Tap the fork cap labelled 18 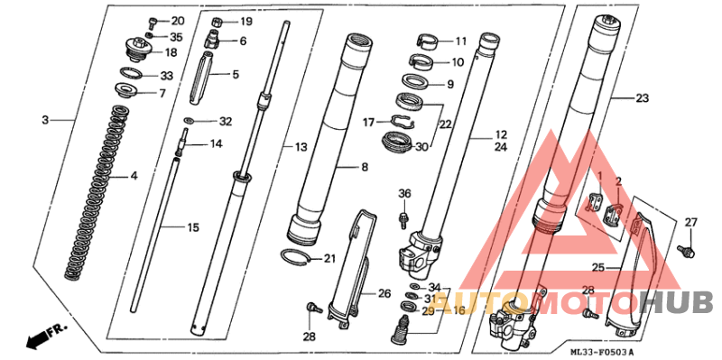click(x=138, y=50)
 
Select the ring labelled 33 click(x=132, y=73)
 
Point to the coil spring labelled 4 click(x=96, y=192)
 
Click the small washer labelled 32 click(x=189, y=121)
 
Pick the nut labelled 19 click(x=218, y=21)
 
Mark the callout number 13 click(x=301, y=147)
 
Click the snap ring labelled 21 click(x=294, y=257)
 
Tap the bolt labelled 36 click(x=403, y=219)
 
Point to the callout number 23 click(x=643, y=98)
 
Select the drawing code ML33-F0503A click(x=602, y=352)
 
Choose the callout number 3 click(x=44, y=120)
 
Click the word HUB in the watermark click(x=677, y=302)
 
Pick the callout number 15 click(x=193, y=227)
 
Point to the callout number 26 click(x=384, y=293)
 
